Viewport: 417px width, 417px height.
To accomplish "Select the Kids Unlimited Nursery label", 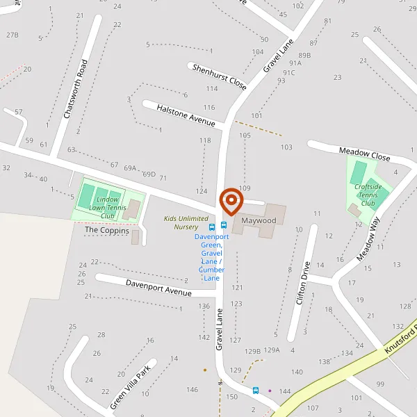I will tap(186, 222).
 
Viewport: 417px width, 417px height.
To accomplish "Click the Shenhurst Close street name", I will tap(219, 76).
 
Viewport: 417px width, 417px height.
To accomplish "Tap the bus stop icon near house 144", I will tap(256, 391).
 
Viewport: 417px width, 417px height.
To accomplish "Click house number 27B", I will tap(12, 35).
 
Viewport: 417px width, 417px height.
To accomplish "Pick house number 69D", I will tap(149, 174).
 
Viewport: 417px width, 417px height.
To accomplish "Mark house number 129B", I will tap(252, 352).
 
